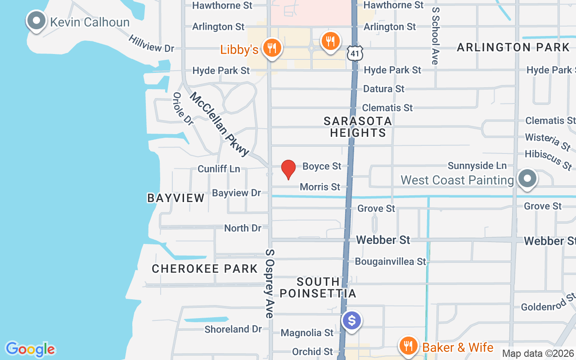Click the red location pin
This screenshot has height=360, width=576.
click(x=288, y=169)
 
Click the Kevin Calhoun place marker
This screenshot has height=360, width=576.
click(x=36, y=21)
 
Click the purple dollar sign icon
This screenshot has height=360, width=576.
click(x=352, y=321)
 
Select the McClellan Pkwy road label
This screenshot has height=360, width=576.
click(x=219, y=124)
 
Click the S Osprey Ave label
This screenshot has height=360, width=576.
click(x=270, y=283)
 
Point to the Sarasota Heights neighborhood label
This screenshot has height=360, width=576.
click(x=358, y=127)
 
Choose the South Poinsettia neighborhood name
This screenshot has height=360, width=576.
click(x=318, y=288)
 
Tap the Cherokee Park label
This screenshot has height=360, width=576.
click(x=205, y=269)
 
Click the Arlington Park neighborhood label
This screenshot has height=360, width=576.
click(x=513, y=47)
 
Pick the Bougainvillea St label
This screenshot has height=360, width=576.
click(x=390, y=261)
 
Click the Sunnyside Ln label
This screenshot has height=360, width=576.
click(x=477, y=166)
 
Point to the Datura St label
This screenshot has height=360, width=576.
click(x=384, y=89)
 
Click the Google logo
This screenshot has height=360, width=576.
click(x=30, y=349)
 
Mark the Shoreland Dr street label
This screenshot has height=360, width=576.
click(x=233, y=329)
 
